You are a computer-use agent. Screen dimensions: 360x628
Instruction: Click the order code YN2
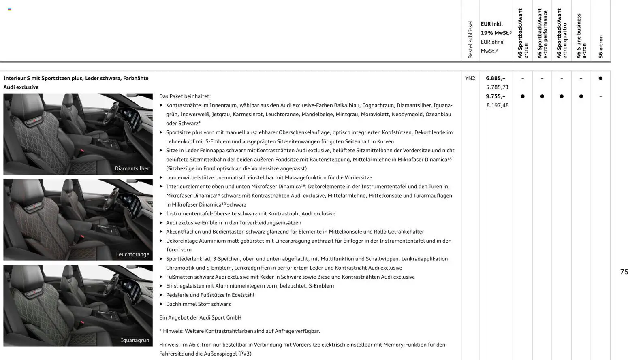470,78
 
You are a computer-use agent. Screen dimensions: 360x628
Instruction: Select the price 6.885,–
495,78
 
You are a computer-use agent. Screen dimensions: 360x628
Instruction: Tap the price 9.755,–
495,96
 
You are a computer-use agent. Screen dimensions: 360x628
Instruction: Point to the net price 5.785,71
497,87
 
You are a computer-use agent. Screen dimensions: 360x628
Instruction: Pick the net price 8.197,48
497,105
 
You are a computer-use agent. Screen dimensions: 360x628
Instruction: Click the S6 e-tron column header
601,47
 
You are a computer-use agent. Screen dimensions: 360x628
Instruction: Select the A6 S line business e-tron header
581,36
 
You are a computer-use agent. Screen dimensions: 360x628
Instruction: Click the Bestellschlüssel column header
470,39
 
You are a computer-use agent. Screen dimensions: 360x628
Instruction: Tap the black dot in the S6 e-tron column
600,78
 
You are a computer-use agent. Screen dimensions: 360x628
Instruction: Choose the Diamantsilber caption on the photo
132,168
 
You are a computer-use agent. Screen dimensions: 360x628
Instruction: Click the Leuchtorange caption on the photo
132,254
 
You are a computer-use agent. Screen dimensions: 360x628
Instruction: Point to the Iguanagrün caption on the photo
135,340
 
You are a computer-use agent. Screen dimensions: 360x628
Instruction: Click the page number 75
624,272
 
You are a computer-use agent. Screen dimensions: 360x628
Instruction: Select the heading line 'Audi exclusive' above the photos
21,87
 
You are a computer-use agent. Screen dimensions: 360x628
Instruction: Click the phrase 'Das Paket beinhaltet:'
185,96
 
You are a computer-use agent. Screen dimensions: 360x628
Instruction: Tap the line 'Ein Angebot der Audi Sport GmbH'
200,317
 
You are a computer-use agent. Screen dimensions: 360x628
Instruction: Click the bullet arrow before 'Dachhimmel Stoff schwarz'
161,304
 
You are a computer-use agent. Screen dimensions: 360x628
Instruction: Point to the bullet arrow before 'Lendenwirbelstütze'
161,177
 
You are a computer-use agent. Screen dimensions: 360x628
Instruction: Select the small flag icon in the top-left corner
10,10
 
